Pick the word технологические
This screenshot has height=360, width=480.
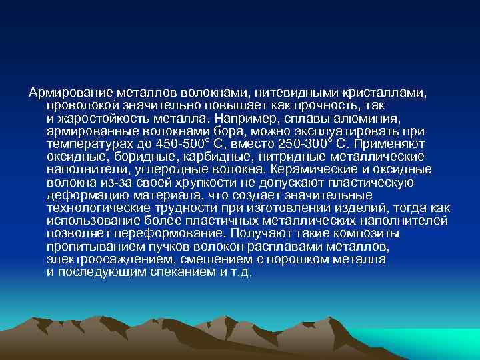click(x=99, y=208)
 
